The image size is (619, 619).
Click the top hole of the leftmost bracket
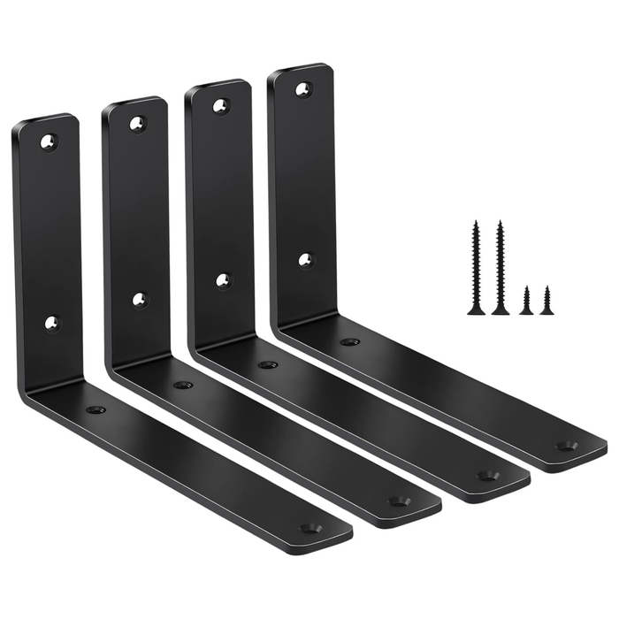pyautogui.click(x=48, y=141)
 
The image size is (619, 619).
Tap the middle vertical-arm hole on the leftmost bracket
pyautogui.click(x=52, y=323)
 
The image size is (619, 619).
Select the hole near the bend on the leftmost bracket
pyautogui.click(x=96, y=410)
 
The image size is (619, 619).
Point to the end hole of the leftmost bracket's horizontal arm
pyautogui.click(x=310, y=528)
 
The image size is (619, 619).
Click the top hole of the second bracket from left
pyautogui.click(x=136, y=123)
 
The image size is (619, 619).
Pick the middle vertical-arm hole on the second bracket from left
pyautogui.click(x=140, y=300)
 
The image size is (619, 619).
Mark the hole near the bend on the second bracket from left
pyautogui.click(x=183, y=386)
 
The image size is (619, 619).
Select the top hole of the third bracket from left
pyautogui.click(x=219, y=106)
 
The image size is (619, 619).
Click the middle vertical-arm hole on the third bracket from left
pyautogui.click(x=224, y=281)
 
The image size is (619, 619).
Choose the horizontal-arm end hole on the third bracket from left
pyautogui.click(x=486, y=475)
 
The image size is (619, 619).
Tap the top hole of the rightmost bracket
pyautogui.click(x=302, y=89)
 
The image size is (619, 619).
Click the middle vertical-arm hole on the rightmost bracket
pyautogui.click(x=306, y=260)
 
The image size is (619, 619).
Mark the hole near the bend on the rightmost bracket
pyautogui.click(x=350, y=342)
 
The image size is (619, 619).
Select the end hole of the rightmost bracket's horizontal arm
pyautogui.click(x=566, y=446)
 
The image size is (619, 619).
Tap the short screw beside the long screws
pyautogui.click(x=526, y=301)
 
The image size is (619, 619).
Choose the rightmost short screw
pyautogui.click(x=546, y=301)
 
